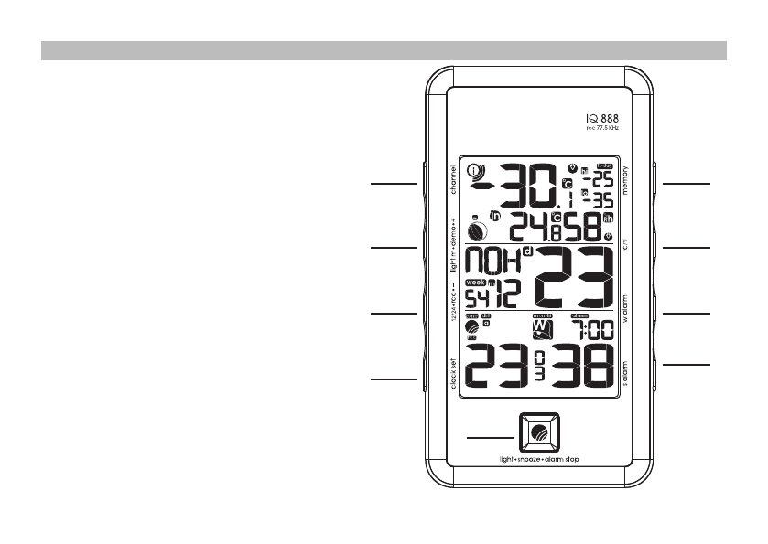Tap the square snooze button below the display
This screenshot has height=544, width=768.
[537, 431]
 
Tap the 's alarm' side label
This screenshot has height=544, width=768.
[625, 374]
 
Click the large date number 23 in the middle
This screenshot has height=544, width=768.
[575, 277]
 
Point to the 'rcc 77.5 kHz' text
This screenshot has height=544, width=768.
[602, 130]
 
